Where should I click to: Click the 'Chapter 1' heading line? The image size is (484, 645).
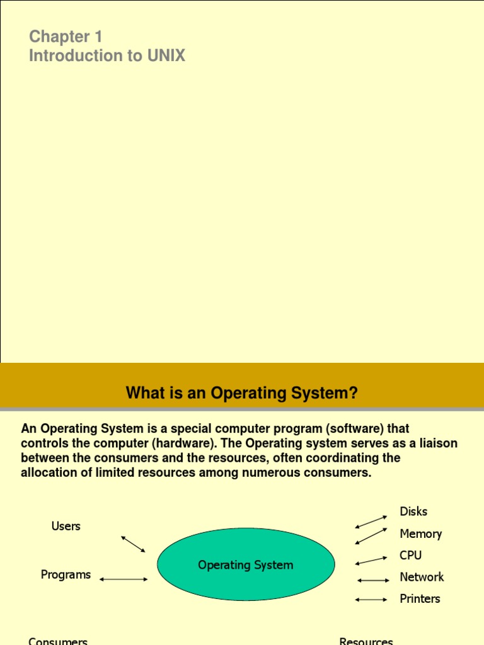(66, 37)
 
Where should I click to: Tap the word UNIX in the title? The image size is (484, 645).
(166, 56)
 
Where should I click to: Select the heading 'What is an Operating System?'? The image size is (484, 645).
(242, 394)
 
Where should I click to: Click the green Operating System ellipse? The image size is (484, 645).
(246, 565)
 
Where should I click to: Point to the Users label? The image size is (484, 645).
(66, 526)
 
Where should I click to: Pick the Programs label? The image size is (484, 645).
(66, 574)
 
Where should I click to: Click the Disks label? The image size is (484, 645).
(413, 511)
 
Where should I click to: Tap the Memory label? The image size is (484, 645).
(420, 534)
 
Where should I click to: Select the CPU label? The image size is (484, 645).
(410, 556)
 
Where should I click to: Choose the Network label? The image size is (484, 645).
(422, 577)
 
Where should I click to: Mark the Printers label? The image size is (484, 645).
(420, 598)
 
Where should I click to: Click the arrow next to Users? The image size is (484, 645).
(133, 544)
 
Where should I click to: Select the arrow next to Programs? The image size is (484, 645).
(124, 579)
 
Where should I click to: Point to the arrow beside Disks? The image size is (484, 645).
(371, 522)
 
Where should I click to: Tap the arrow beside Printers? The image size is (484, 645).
(372, 600)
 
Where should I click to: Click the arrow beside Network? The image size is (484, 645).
(373, 580)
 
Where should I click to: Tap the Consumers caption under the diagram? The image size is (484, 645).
(58, 641)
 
